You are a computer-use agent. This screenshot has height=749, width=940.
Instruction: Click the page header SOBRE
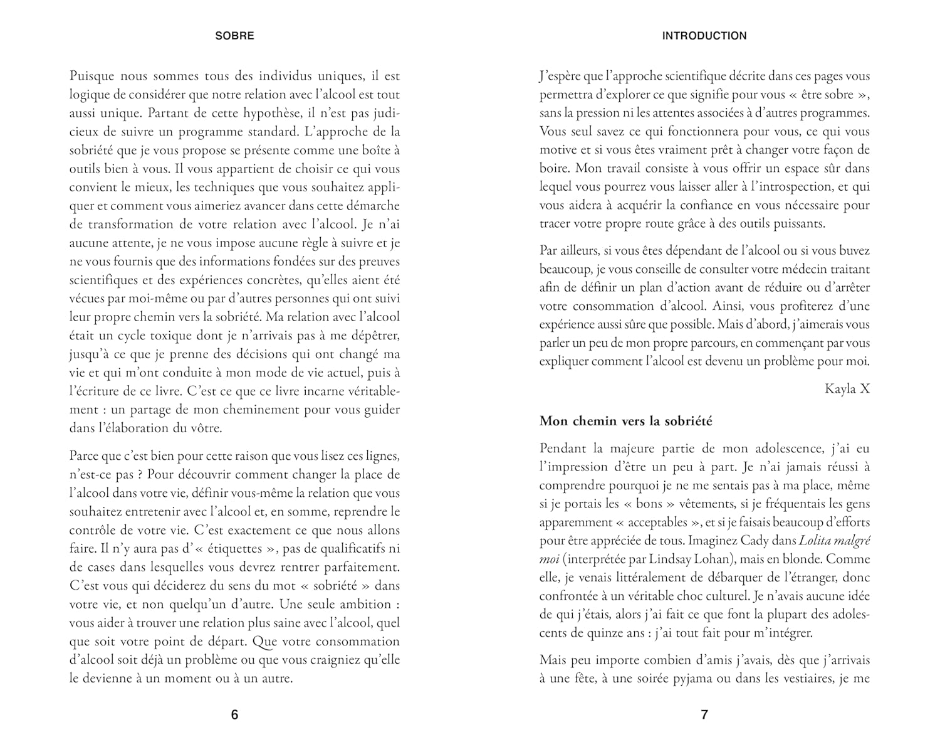(234, 36)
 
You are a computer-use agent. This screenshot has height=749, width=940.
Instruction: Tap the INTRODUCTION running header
(704, 36)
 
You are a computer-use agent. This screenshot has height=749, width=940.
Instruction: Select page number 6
(234, 714)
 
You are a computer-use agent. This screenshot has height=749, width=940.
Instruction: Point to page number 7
(704, 714)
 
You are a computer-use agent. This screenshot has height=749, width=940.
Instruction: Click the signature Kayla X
(847, 389)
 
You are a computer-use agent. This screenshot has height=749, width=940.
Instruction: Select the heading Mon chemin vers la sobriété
(625, 421)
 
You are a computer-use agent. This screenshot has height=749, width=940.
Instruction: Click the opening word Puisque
(92, 77)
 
